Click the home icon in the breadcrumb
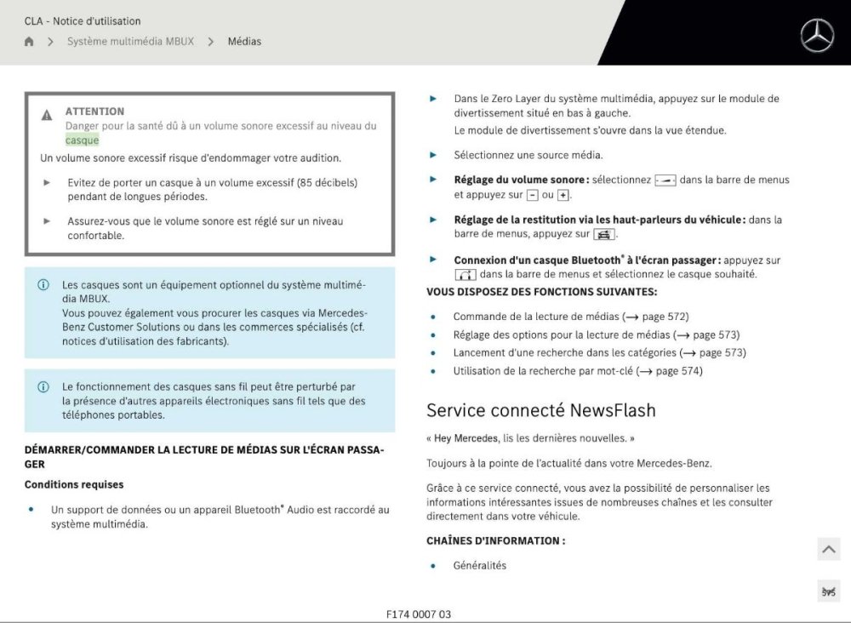pyautogui.click(x=29, y=41)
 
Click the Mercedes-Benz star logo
pyautogui.click(x=817, y=36)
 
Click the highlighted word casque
pyautogui.click(x=82, y=140)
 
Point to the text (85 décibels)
pyautogui.click(x=327, y=182)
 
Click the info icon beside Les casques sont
pyautogui.click(x=43, y=285)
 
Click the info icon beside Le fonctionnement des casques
pyautogui.click(x=43, y=386)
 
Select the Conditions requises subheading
pyautogui.click(x=74, y=484)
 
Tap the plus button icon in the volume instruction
pyautogui.click(x=563, y=195)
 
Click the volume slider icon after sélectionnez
pyautogui.click(x=665, y=180)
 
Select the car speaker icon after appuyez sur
pyautogui.click(x=604, y=234)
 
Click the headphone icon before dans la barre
pyautogui.click(x=465, y=275)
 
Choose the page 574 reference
pyautogui.click(x=669, y=371)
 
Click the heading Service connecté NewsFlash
pyautogui.click(x=540, y=410)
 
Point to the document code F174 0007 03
pyautogui.click(x=419, y=614)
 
